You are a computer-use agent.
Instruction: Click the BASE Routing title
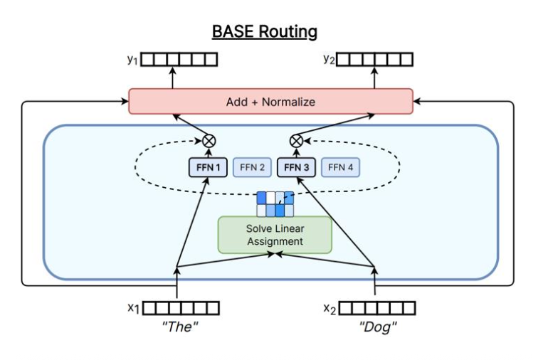click(x=264, y=32)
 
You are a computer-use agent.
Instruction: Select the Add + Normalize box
click(x=270, y=102)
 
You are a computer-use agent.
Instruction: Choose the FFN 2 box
click(x=252, y=168)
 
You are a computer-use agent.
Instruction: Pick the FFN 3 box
click(x=296, y=168)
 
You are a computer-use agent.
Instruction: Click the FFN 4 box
click(x=340, y=168)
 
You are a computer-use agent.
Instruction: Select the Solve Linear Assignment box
click(x=275, y=235)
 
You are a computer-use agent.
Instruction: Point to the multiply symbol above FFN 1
click(x=209, y=139)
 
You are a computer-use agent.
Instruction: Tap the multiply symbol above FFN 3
click(x=296, y=139)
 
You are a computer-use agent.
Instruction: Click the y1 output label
click(x=131, y=60)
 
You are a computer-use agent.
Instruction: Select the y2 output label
click(x=327, y=60)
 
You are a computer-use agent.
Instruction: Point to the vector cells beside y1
click(x=178, y=60)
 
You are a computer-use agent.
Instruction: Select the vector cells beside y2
click(x=374, y=60)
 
